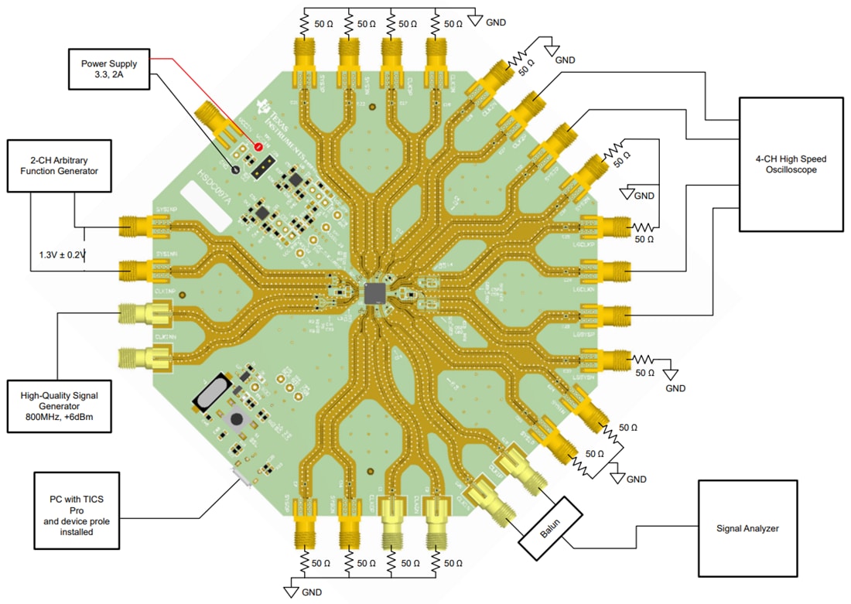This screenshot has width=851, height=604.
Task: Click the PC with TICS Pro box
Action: tap(78, 510)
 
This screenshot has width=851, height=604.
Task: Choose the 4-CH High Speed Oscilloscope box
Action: tap(790, 164)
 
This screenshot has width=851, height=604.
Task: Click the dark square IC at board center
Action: tap(376, 293)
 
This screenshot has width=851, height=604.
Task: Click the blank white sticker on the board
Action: tap(206, 204)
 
